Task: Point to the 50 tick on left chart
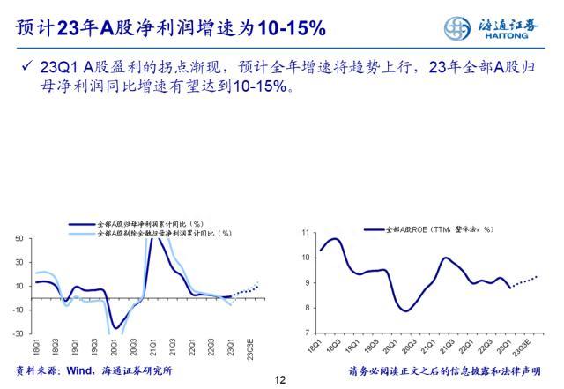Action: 18,239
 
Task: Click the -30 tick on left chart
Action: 17,333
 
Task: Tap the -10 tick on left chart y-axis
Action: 17,310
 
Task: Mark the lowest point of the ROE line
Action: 406,311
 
